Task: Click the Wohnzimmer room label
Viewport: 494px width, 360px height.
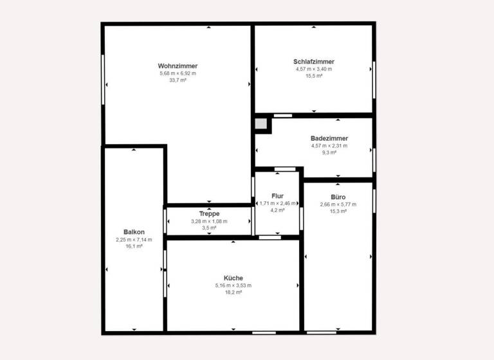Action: click(178, 66)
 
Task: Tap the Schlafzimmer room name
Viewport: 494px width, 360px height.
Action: click(314, 62)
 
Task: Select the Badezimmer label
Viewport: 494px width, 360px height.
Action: click(329, 138)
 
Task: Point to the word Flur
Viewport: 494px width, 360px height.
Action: click(278, 195)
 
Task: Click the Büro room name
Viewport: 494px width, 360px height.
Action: click(338, 197)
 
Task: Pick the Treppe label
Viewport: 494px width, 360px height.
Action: click(209, 213)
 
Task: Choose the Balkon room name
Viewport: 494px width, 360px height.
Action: click(134, 232)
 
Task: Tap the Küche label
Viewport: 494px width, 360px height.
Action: click(233, 278)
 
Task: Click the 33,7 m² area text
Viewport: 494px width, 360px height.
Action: click(178, 81)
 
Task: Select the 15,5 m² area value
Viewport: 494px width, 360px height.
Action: click(314, 76)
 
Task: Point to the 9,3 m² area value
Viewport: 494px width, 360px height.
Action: click(329, 152)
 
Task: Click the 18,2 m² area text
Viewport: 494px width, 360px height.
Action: click(233, 292)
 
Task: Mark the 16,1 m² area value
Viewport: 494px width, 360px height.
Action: click(134, 246)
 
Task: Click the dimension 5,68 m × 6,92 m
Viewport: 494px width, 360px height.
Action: click(178, 74)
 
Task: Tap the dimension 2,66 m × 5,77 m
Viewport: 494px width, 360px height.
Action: click(338, 204)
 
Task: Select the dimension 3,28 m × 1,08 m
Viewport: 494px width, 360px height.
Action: click(209, 221)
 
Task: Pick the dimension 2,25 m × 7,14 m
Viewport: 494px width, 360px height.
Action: click(134, 239)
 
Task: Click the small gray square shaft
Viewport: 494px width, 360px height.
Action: click(261, 123)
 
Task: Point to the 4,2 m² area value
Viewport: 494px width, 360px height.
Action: click(278, 210)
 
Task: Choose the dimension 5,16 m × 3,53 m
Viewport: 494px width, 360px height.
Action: click(233, 285)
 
